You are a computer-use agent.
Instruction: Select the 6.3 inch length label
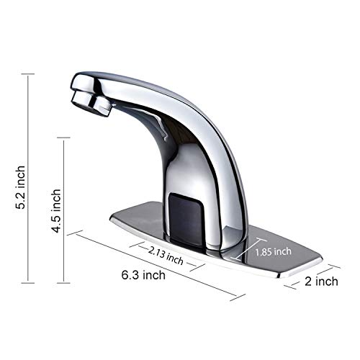point(143,275)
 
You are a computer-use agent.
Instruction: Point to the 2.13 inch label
point(165,253)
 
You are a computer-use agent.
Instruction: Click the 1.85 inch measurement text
point(274,251)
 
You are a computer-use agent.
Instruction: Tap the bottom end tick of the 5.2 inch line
point(28,283)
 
